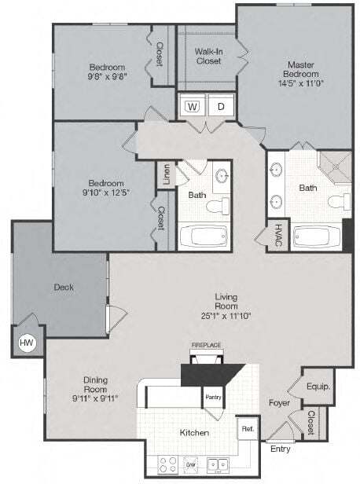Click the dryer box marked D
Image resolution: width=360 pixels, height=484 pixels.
(x=221, y=105)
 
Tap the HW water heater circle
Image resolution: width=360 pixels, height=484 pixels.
(x=25, y=343)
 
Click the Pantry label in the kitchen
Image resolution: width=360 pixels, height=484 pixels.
(x=213, y=397)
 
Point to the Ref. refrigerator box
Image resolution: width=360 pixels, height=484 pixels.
(x=248, y=429)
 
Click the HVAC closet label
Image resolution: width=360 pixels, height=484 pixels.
(x=278, y=235)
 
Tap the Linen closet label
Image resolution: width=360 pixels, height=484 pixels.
(x=166, y=175)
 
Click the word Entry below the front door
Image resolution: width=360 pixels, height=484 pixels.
(x=279, y=449)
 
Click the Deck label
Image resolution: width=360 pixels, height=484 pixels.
(x=64, y=287)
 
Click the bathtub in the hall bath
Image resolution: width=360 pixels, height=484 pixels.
(x=203, y=235)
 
